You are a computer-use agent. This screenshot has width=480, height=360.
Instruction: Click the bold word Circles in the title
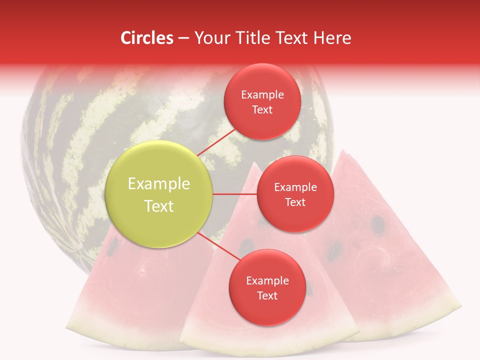(147, 38)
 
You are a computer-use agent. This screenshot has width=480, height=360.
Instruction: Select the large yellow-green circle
(159, 194)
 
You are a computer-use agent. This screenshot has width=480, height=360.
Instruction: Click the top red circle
(262, 101)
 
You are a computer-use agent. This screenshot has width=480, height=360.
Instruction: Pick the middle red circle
(295, 194)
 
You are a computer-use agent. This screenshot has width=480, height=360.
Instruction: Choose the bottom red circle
(267, 287)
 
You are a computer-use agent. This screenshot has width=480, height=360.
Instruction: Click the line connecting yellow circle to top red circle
(212, 142)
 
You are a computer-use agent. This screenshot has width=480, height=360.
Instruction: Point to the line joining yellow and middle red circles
(234, 194)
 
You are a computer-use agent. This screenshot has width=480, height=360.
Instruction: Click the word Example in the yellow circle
(159, 183)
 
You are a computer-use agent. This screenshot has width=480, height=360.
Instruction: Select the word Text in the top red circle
(262, 109)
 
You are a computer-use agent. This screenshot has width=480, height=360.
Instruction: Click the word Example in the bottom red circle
(267, 280)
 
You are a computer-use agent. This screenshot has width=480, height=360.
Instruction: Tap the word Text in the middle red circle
(295, 202)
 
